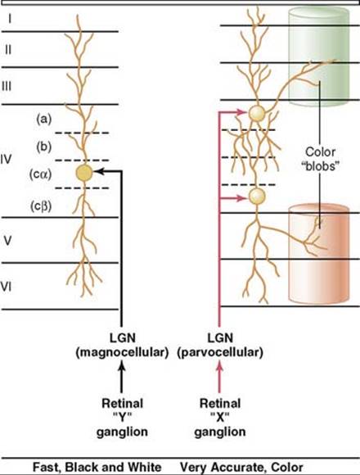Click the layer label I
pos(10,19)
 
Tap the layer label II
pos(8,49)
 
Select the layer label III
pos(7,86)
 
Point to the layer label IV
pos(6,159)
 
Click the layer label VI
pos(6,287)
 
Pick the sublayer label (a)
pos(44,119)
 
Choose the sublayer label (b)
pos(44,147)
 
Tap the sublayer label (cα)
pos(41,174)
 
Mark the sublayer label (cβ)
pos(41,206)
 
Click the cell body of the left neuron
pos(83,173)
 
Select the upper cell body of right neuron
pos(257,114)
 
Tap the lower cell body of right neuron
pos(257,197)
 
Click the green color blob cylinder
pos(319,57)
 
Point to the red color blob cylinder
pos(319,254)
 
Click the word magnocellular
pos(122,352)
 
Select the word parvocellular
pos(220,352)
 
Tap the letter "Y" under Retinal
pos(122,418)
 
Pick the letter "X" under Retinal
pos(219,418)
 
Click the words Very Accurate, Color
pos(241,468)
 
